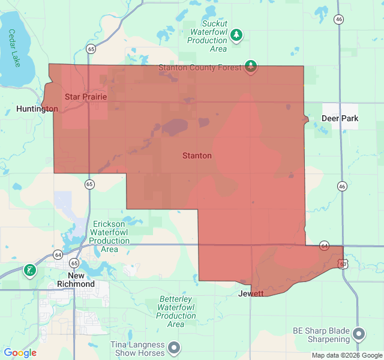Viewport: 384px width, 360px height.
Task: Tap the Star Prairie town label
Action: coord(86,97)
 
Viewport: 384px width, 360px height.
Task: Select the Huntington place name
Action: coord(37,109)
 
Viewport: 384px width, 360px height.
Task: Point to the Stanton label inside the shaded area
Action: coord(197,155)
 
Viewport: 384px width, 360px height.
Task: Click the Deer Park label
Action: coord(340,118)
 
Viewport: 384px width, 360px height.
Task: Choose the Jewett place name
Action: coord(251,293)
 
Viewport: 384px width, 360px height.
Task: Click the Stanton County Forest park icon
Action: coord(251,67)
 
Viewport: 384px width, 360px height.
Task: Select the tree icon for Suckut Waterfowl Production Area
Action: coord(237,35)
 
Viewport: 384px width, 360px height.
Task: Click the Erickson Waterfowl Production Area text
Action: coord(109,236)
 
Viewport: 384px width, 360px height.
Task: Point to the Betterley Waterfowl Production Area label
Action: coord(176,311)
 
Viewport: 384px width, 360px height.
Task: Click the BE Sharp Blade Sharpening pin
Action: coord(359,334)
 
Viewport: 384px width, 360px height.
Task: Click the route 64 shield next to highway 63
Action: coord(325,245)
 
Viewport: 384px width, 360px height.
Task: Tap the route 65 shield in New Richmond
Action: coord(74,263)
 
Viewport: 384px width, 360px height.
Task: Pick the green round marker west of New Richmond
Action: coord(29,271)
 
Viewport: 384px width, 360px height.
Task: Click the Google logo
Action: coord(20,353)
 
